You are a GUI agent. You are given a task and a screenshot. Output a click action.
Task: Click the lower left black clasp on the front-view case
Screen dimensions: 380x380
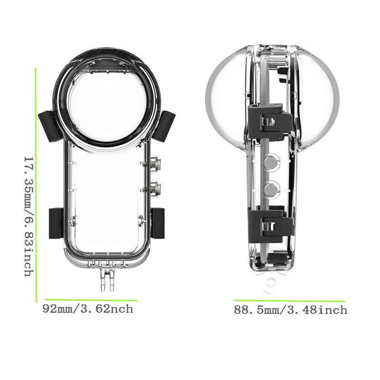tap(56, 224)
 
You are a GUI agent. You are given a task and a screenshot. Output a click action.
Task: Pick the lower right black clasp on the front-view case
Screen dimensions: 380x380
tap(158, 224)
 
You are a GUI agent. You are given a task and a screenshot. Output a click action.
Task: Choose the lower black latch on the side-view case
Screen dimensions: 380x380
tap(269, 223)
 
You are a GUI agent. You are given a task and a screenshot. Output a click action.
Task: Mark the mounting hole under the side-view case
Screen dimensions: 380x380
tap(271, 283)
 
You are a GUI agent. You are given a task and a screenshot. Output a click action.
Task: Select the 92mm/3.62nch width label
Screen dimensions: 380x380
tap(88, 309)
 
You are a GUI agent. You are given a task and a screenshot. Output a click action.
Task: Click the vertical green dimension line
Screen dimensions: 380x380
tap(36, 185)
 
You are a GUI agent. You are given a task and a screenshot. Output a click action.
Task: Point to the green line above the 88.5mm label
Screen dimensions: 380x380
tap(290, 301)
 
